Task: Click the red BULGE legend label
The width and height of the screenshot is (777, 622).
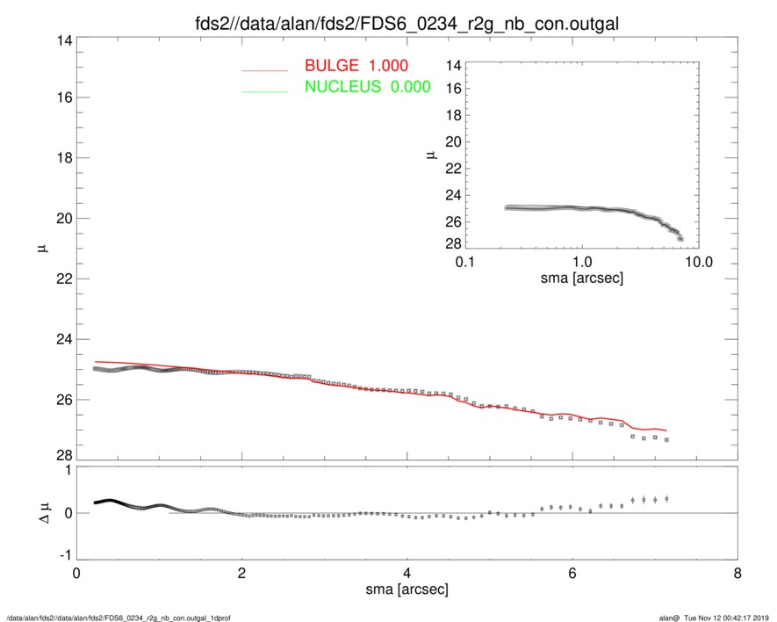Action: [356, 66]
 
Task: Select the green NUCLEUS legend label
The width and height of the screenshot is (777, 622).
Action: [367, 86]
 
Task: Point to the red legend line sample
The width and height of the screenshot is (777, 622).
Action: [264, 69]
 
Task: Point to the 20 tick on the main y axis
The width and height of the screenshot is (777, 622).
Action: [61, 219]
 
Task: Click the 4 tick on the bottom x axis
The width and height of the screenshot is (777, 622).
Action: [407, 573]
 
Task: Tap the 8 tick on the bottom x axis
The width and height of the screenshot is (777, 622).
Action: [737, 573]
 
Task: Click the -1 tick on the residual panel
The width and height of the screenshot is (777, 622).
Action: [62, 556]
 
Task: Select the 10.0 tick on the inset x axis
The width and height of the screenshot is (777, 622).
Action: [698, 261]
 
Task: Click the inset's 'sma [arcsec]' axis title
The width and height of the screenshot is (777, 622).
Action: [581, 278]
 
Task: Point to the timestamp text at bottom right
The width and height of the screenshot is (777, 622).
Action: [711, 617]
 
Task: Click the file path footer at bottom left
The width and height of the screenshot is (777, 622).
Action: [119, 617]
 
